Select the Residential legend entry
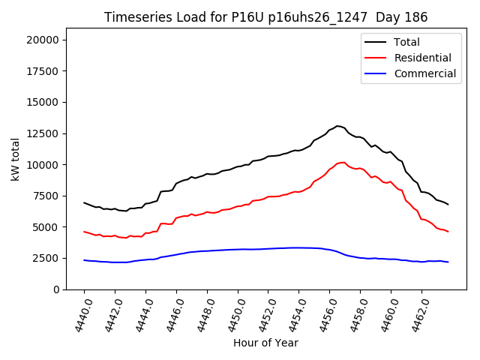pyautogui.click(x=422, y=58)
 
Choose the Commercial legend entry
pyautogui.click(x=424, y=73)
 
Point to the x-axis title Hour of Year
pyautogui.click(x=265, y=343)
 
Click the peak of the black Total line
pyautogui.click(x=337, y=126)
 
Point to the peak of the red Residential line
pyautogui.click(x=343, y=162)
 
